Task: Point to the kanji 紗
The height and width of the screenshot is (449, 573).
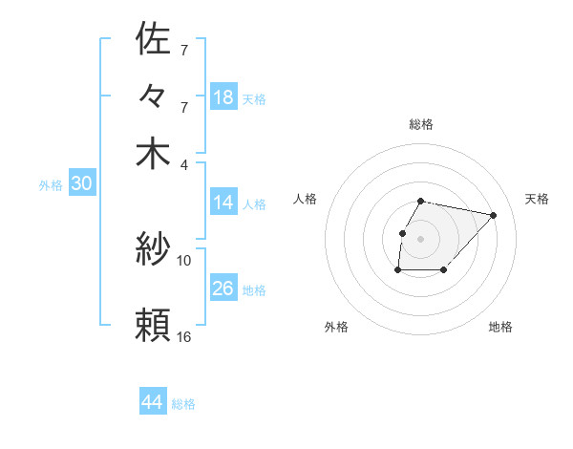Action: (153, 250)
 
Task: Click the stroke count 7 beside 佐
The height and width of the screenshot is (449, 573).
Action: (183, 49)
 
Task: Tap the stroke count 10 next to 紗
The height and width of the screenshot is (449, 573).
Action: (184, 260)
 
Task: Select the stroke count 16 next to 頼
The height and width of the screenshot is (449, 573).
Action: (184, 336)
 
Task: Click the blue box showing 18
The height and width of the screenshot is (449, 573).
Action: (223, 96)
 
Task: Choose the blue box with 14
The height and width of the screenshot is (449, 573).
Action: (223, 203)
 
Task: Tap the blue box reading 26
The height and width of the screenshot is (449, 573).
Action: (223, 288)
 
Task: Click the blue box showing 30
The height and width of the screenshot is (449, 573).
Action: (81, 184)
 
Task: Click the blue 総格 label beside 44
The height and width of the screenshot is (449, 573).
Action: (183, 404)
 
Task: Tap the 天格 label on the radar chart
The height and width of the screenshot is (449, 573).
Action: (537, 199)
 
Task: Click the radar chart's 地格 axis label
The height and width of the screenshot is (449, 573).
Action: (500, 327)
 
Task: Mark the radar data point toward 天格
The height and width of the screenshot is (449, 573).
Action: (493, 216)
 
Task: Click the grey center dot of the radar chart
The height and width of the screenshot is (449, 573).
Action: (420, 239)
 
